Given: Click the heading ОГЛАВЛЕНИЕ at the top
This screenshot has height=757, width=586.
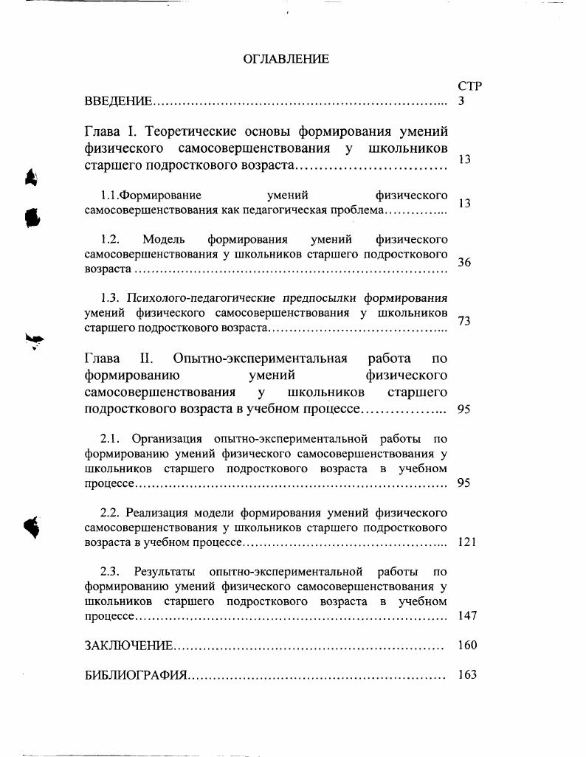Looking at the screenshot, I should (286, 59).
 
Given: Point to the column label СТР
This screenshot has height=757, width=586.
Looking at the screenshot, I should (469, 86).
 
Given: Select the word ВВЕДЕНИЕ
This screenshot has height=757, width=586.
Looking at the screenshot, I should (118, 101).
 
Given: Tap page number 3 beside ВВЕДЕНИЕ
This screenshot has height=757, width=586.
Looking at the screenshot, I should (461, 101).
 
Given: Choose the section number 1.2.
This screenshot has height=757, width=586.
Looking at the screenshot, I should (110, 240).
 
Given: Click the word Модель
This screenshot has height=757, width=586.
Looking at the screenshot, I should (164, 240).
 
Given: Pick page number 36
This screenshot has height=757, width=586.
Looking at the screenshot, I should (464, 263).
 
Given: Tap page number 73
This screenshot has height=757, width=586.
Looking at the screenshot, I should (464, 321).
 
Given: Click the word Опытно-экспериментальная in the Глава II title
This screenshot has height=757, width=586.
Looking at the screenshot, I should (260, 359).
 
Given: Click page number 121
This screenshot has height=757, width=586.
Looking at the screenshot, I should (466, 542).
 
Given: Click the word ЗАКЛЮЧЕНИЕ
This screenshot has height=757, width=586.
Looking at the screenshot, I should (129, 646).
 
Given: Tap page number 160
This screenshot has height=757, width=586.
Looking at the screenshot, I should (467, 646).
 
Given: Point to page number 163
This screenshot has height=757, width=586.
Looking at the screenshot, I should (467, 675).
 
